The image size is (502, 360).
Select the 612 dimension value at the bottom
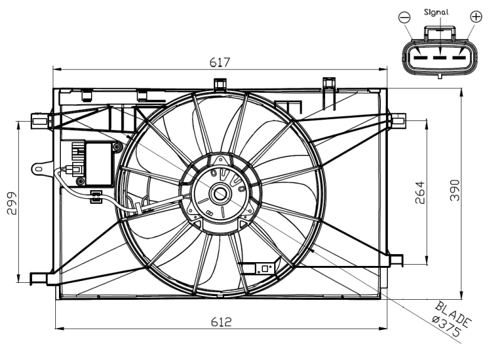tap(221, 321)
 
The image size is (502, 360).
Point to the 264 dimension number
tap(420, 193)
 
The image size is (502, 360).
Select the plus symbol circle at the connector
tap(476, 16)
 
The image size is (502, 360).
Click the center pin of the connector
tap(441, 58)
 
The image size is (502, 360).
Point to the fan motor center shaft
tap(221, 194)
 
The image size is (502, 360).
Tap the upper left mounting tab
tap(41, 120)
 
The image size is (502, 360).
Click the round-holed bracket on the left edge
tap(40, 168)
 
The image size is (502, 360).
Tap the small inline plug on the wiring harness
tap(95, 196)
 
